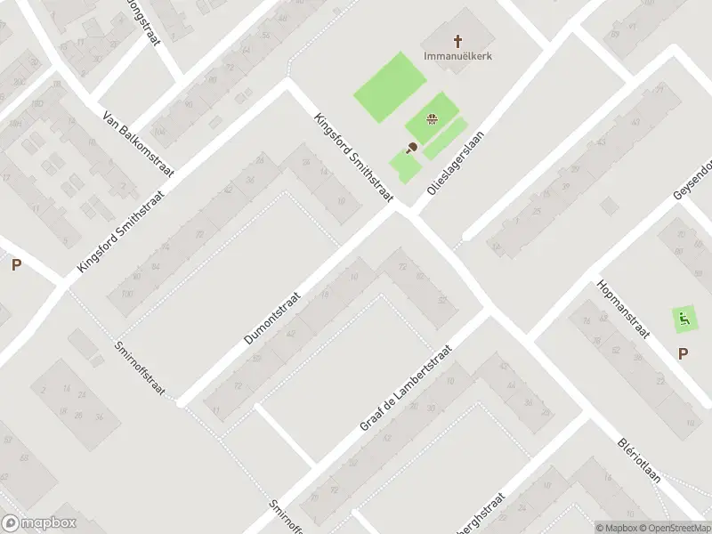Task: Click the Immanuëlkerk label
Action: point(458,56)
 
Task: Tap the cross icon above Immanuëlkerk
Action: point(458,40)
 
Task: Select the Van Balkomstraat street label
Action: point(139,144)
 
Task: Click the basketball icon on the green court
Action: point(432,120)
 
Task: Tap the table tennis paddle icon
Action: point(411,149)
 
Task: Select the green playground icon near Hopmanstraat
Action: point(684,317)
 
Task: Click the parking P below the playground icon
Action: point(683,353)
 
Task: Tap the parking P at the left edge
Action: point(16,264)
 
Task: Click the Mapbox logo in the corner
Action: point(37,523)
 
